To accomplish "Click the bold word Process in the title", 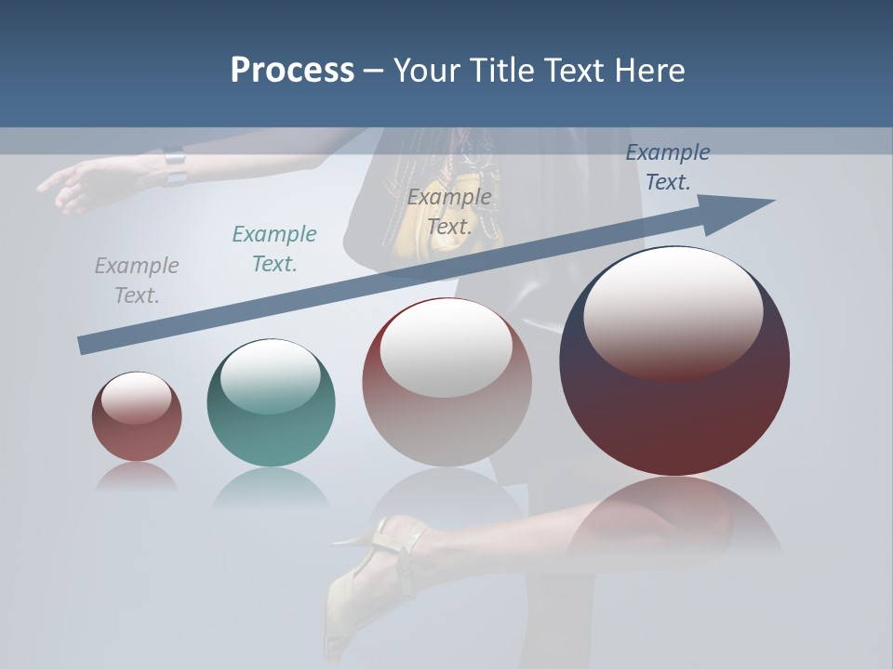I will pyautogui.click(x=292, y=70).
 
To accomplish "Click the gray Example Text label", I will pyautogui.click(x=137, y=281).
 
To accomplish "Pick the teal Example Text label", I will pyautogui.click(x=274, y=249).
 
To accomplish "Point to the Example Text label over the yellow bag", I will pyautogui.click(x=449, y=212).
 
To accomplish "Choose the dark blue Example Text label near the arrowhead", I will pyautogui.click(x=667, y=167).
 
